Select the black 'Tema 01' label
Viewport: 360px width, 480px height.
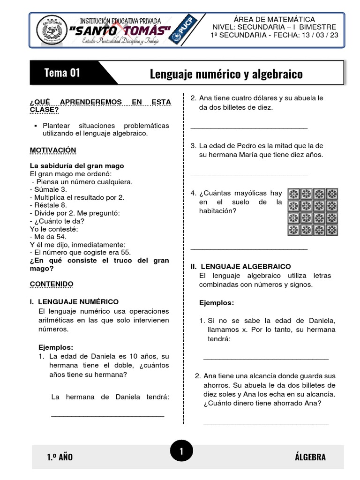pyautogui.click(x=62, y=73)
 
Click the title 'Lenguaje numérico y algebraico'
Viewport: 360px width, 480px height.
pyautogui.click(x=226, y=74)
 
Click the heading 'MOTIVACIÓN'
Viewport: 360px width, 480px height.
pyautogui.click(x=52, y=150)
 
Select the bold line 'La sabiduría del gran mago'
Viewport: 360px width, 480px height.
pyautogui.click(x=77, y=166)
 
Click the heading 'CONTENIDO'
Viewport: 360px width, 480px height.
pyautogui.click(x=52, y=284)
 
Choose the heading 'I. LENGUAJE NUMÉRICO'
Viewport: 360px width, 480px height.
pyautogui.click(x=74, y=302)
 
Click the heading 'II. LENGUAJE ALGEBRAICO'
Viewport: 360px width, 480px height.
pyautogui.click(x=240, y=266)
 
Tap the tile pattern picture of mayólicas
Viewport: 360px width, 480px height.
pyautogui.click(x=312, y=211)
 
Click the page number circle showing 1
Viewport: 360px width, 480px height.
pyautogui.click(x=180, y=451)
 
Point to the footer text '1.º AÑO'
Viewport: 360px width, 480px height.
pyautogui.click(x=60, y=457)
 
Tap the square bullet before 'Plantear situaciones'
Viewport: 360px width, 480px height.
pyautogui.click(x=36, y=126)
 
